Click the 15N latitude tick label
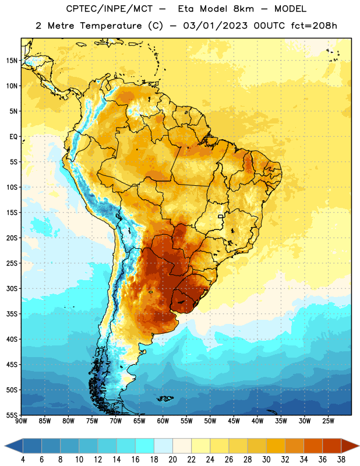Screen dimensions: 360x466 tap(12, 61)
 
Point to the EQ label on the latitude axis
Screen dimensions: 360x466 tap(13, 137)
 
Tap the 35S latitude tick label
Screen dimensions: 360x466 tap(12, 314)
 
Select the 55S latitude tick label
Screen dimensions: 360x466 tap(12, 415)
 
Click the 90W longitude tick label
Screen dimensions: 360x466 tap(22, 421)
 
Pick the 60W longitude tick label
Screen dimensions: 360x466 tap(163, 421)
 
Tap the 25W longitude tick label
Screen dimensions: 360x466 tap(328, 421)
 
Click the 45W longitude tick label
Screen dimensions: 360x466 tap(234, 421)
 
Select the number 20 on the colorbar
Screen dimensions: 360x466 tap(172, 460)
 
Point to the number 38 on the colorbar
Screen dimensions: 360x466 tap(341, 460)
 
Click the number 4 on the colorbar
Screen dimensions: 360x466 tap(23, 460)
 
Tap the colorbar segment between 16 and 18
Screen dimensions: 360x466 tap(145, 446)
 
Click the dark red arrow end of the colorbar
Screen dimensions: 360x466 tap(350, 446)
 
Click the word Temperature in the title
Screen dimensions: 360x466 tap(111, 26)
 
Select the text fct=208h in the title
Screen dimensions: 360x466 tap(314, 26)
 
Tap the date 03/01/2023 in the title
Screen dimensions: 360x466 tap(215, 26)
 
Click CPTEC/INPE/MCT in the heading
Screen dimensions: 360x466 tap(110, 9)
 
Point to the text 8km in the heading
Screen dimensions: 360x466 tap(243, 9)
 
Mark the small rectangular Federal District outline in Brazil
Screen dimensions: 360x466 tap(221, 216)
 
